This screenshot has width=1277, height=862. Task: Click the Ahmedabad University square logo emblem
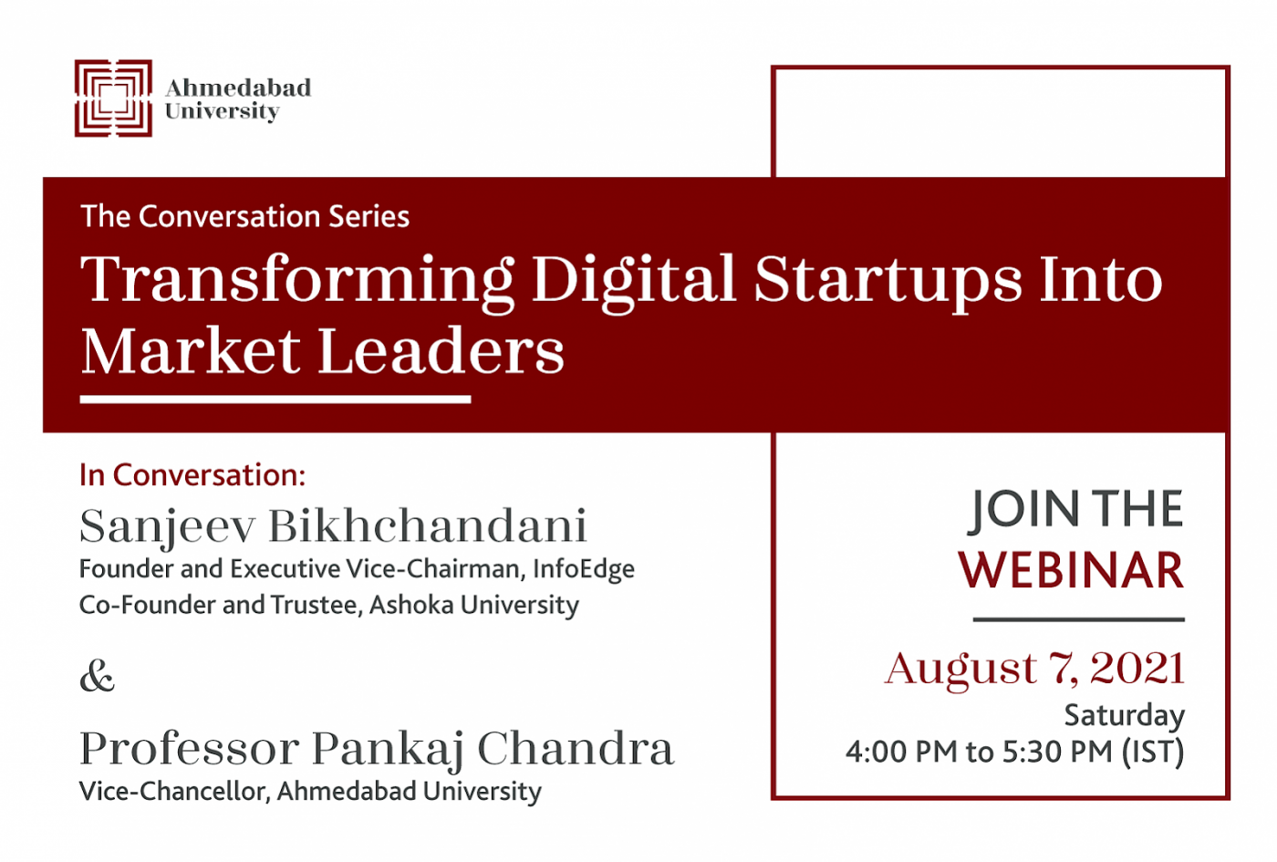(113, 99)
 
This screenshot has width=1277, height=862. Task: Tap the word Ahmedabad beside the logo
(238, 88)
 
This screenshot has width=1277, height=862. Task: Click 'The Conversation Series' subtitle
(245, 217)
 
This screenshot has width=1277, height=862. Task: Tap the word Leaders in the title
(441, 351)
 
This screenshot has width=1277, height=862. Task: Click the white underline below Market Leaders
(275, 400)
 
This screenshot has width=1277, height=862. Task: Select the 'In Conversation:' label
(192, 475)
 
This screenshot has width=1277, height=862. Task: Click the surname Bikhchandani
(428, 525)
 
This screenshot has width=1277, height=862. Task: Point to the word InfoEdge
(584, 569)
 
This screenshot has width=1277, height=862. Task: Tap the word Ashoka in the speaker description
(411, 604)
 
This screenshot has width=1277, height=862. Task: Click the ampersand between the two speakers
(98, 677)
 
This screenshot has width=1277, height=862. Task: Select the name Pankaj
(388, 749)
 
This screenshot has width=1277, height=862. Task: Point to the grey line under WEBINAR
(1078, 619)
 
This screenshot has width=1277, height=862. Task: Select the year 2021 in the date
(1138, 668)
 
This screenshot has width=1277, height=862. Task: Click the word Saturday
(1125, 716)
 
